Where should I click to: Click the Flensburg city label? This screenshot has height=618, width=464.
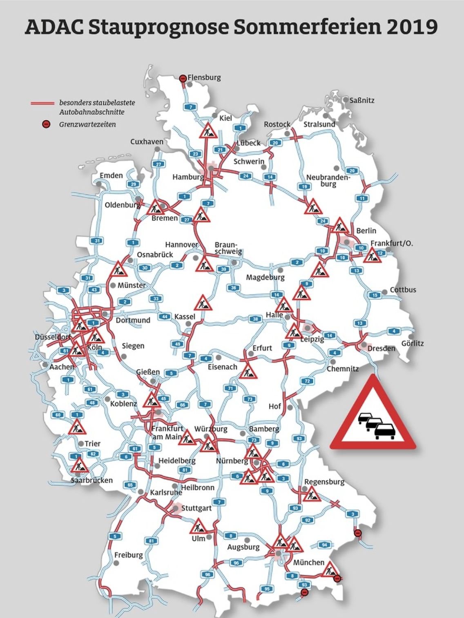click(x=204, y=78)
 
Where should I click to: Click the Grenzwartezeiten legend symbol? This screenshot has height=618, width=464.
click(x=47, y=124)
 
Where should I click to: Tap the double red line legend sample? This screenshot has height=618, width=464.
click(x=42, y=103)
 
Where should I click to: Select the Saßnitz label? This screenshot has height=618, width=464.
click(x=362, y=100)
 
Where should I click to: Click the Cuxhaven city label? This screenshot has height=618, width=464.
click(x=147, y=142)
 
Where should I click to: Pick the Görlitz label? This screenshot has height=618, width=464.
click(x=412, y=343)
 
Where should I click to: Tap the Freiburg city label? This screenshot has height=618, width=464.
click(x=129, y=555)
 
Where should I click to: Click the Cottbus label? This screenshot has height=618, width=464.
click(x=403, y=290)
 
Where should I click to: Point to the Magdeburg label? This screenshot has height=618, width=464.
click(x=265, y=278)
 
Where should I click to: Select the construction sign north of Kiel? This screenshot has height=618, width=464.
click(x=208, y=131)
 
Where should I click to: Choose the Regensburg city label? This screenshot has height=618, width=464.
click(x=324, y=482)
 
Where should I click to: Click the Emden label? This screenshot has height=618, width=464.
click(x=111, y=175)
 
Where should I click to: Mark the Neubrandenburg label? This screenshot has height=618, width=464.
click(x=328, y=180)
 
